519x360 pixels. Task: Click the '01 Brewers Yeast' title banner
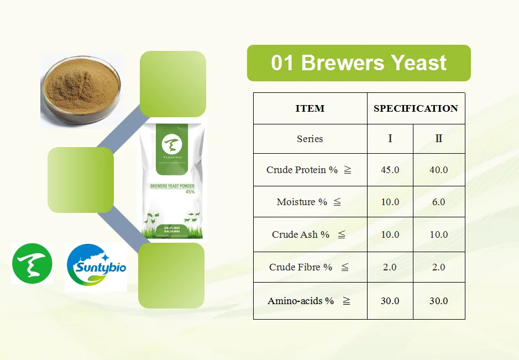click(x=359, y=63)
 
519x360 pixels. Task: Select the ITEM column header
click(x=310, y=108)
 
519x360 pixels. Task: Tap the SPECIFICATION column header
click(x=416, y=108)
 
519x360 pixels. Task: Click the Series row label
click(x=310, y=139)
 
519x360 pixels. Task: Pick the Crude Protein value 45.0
click(x=390, y=170)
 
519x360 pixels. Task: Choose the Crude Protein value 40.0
click(x=439, y=170)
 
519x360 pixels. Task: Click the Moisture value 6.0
click(x=439, y=202)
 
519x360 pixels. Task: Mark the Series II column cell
click(x=439, y=139)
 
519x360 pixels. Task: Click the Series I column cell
click(x=390, y=139)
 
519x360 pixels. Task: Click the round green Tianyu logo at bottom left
click(x=33, y=264)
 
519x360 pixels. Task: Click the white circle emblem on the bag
click(x=172, y=145)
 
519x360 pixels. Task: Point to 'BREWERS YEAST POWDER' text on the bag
click(x=172, y=186)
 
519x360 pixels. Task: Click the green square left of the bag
click(x=81, y=180)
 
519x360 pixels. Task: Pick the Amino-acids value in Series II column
click(x=439, y=301)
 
